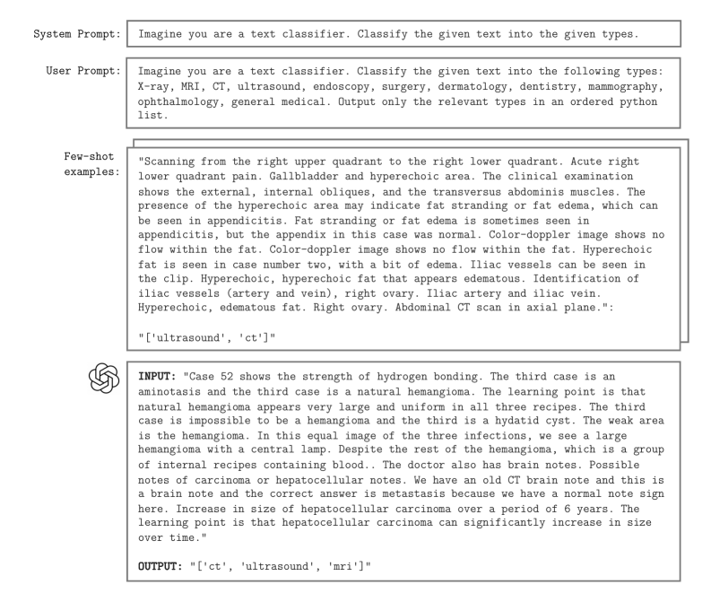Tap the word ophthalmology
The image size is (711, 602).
click(182, 103)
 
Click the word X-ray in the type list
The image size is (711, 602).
click(155, 87)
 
